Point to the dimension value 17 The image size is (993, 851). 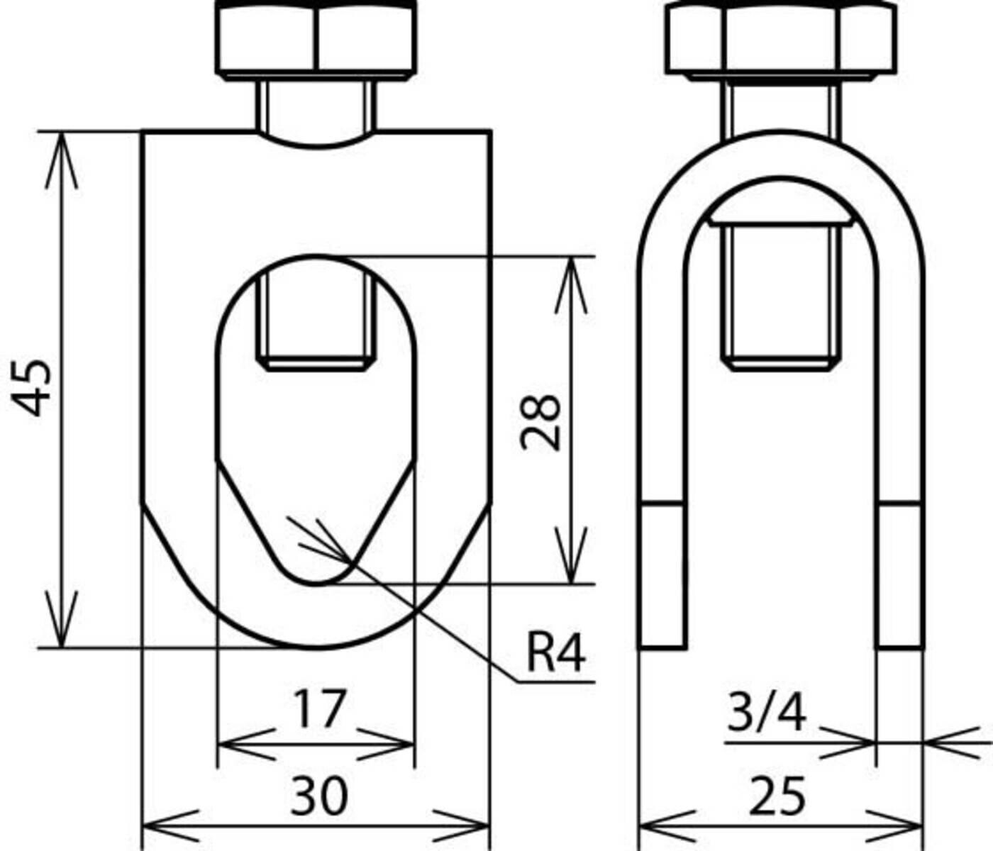pyautogui.click(x=319, y=709)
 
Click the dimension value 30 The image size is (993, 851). pyautogui.click(x=318, y=795)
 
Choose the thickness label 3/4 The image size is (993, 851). pyautogui.click(x=767, y=713)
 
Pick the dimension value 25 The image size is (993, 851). pyautogui.click(x=777, y=795)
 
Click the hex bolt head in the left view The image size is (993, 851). pyautogui.click(x=316, y=40)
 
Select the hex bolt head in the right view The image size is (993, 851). pyautogui.click(x=781, y=40)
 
